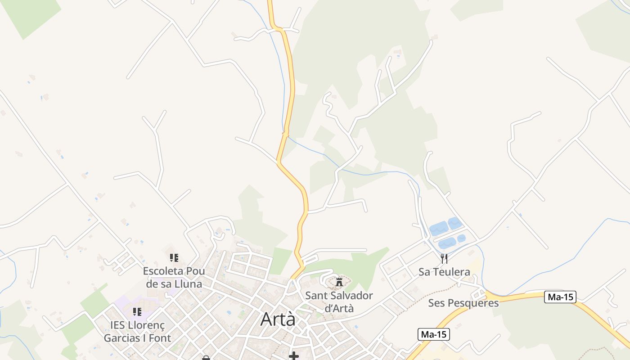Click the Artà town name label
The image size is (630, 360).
tap(278, 319)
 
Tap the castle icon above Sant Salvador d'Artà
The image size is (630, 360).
tap(339, 282)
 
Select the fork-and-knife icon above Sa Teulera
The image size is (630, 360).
tap(444, 258)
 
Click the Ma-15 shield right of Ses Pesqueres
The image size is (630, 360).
tap(560, 297)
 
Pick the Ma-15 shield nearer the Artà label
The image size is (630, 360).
tap(434, 334)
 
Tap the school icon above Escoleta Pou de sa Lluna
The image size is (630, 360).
tap(174, 258)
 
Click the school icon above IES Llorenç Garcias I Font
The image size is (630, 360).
tap(137, 311)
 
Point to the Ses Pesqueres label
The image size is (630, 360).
tap(463, 303)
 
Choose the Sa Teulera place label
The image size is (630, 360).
tap(444, 272)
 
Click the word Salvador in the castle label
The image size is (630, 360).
tap(351, 296)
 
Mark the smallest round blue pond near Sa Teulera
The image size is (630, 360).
tap(461, 238)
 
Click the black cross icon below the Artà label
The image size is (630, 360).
tap(294, 356)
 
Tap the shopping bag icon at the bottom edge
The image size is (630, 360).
tap(206, 358)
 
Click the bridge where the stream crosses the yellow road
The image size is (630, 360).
tap(285, 133)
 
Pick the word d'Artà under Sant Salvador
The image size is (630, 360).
tap(339, 309)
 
